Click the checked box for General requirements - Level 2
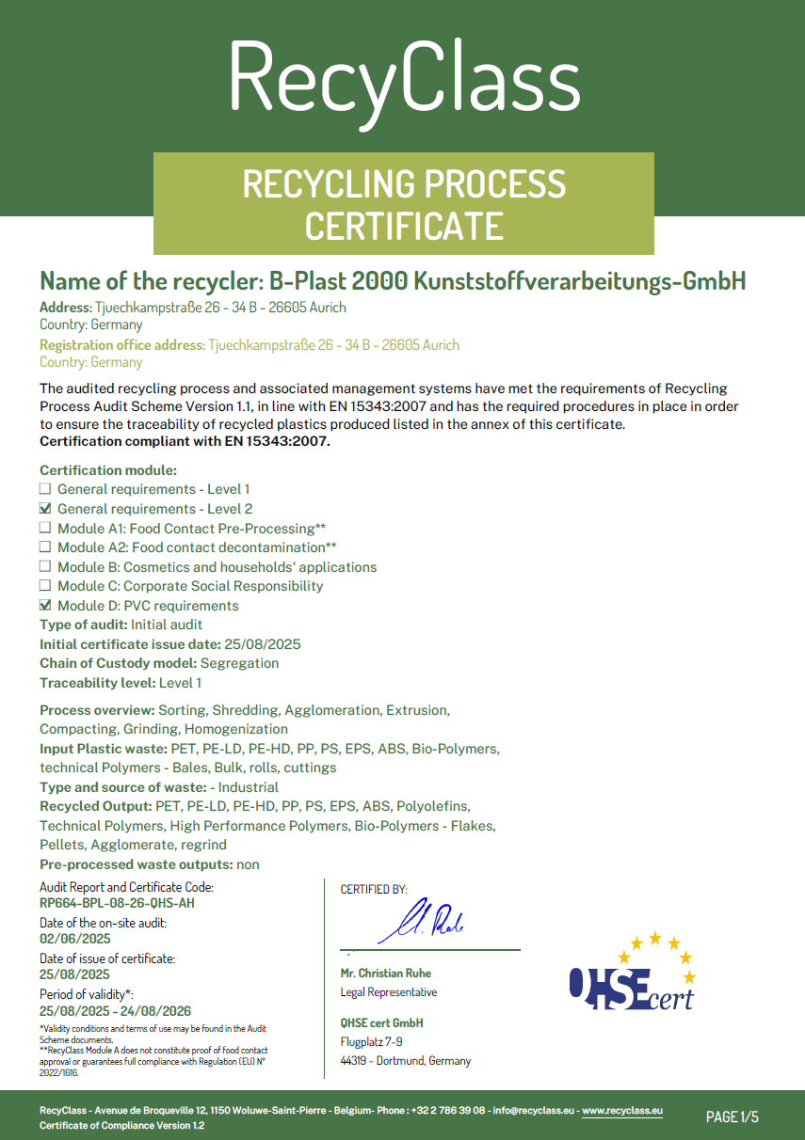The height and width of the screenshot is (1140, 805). [44, 509]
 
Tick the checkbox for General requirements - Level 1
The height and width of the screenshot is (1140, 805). [44, 489]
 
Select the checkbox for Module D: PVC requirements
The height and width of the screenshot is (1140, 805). [44, 606]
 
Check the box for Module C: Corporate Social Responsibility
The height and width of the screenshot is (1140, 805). [44, 586]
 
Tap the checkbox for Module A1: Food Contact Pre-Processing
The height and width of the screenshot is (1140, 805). [44, 529]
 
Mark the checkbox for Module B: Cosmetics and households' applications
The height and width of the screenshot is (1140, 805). [44, 567]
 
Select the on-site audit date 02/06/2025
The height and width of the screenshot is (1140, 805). [75, 939]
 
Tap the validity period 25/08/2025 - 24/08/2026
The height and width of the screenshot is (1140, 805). [115, 1011]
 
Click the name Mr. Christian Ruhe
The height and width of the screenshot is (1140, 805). [386, 974]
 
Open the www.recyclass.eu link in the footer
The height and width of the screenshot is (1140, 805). [622, 1111]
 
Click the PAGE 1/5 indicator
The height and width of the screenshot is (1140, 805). [733, 1117]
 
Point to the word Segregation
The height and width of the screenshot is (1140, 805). [240, 663]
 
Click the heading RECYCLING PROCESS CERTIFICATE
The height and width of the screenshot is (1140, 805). [404, 204]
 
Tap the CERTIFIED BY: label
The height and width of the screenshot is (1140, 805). [374, 889]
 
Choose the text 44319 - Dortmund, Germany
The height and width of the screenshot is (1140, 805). [406, 1061]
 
